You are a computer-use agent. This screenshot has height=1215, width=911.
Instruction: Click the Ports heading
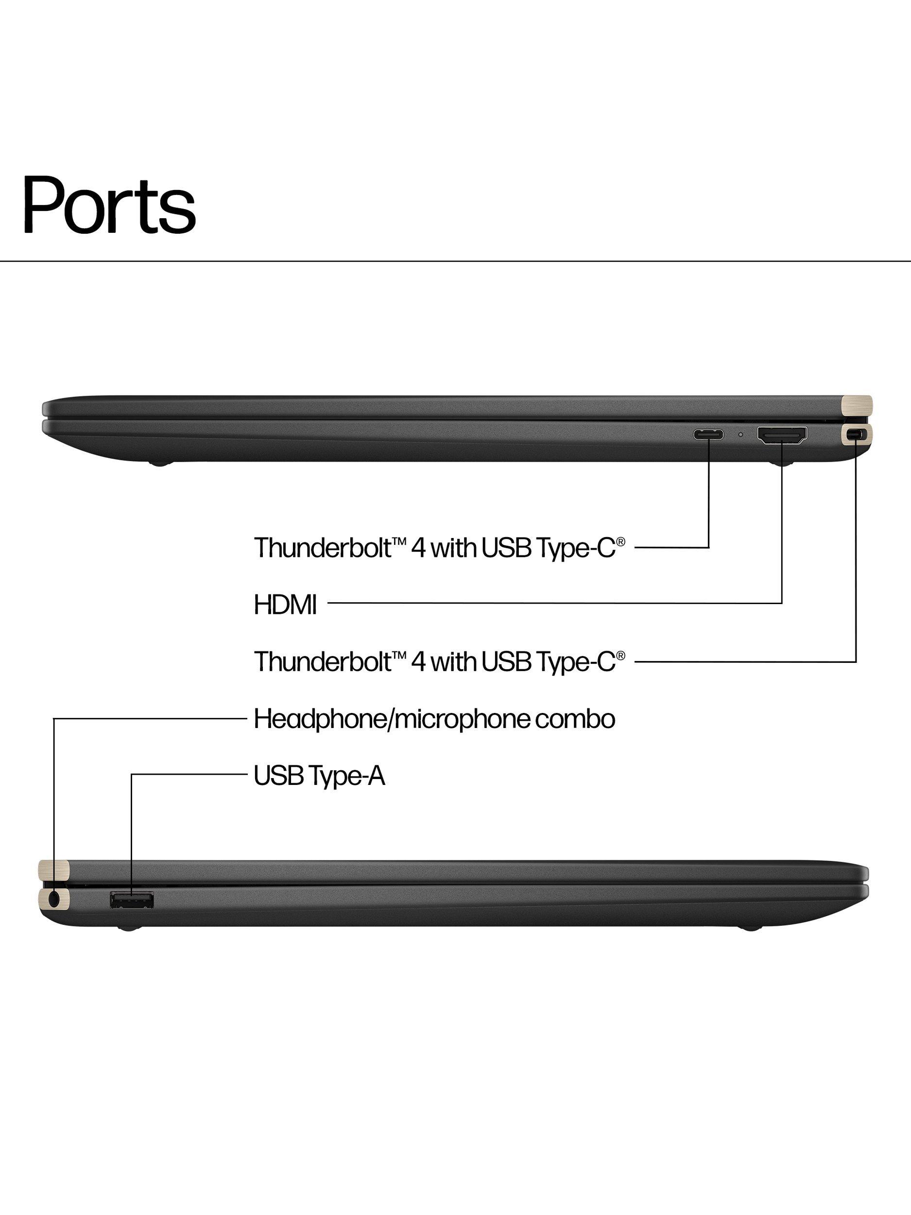109,206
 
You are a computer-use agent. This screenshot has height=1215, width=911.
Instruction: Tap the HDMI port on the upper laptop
782,435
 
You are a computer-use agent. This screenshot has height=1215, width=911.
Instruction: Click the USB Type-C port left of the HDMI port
708,435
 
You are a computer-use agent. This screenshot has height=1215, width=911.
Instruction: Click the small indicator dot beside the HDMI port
740,434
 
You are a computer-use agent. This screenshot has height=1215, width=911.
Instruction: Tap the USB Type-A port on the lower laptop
132,900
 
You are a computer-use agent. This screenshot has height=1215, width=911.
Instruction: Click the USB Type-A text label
319,776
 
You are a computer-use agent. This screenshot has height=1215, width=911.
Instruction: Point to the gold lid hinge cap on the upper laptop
857,406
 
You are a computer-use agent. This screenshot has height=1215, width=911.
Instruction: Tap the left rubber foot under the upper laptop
160,464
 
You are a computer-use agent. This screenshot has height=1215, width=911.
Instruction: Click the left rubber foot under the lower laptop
127,928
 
